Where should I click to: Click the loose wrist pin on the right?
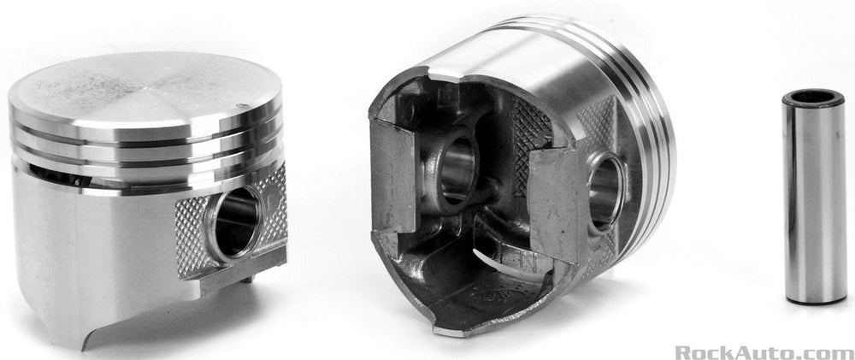click(814, 197)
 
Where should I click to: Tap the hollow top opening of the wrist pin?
click(813, 97)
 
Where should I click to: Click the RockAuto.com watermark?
click(764, 351)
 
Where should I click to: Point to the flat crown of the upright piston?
click(144, 90)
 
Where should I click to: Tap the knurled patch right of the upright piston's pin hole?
click(273, 207)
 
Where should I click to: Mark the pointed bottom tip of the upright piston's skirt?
click(84, 349)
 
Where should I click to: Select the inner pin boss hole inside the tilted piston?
click(457, 170)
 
